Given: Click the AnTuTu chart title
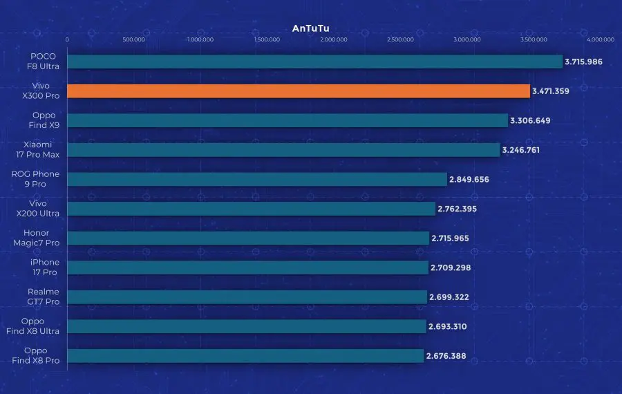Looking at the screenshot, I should click(x=310, y=28).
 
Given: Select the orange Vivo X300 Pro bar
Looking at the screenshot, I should click(x=298, y=91).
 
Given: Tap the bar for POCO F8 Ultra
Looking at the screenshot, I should click(x=314, y=62).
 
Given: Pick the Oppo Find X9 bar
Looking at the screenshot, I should click(x=287, y=120).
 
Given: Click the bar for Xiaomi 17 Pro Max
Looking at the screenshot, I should click(x=283, y=149).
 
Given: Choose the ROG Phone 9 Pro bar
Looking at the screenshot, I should click(x=256, y=179).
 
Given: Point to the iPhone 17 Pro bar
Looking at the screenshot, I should click(x=247, y=268).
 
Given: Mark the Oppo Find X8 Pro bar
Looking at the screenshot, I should click(x=245, y=355).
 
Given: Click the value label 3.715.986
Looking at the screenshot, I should click(x=583, y=62).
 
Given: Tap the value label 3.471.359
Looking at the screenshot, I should click(x=550, y=91).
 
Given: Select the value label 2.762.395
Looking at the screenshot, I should click(x=457, y=209).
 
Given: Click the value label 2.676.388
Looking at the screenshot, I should click(x=446, y=355).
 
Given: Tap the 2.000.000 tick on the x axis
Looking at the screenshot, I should click(x=334, y=39).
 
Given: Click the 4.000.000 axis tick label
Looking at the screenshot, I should click(x=600, y=39).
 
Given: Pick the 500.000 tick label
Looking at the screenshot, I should click(x=133, y=39).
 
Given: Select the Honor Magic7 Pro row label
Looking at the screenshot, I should click(x=41, y=238).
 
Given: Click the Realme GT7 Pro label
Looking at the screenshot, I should click(x=43, y=297).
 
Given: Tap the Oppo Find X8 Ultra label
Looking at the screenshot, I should click(x=39, y=326).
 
